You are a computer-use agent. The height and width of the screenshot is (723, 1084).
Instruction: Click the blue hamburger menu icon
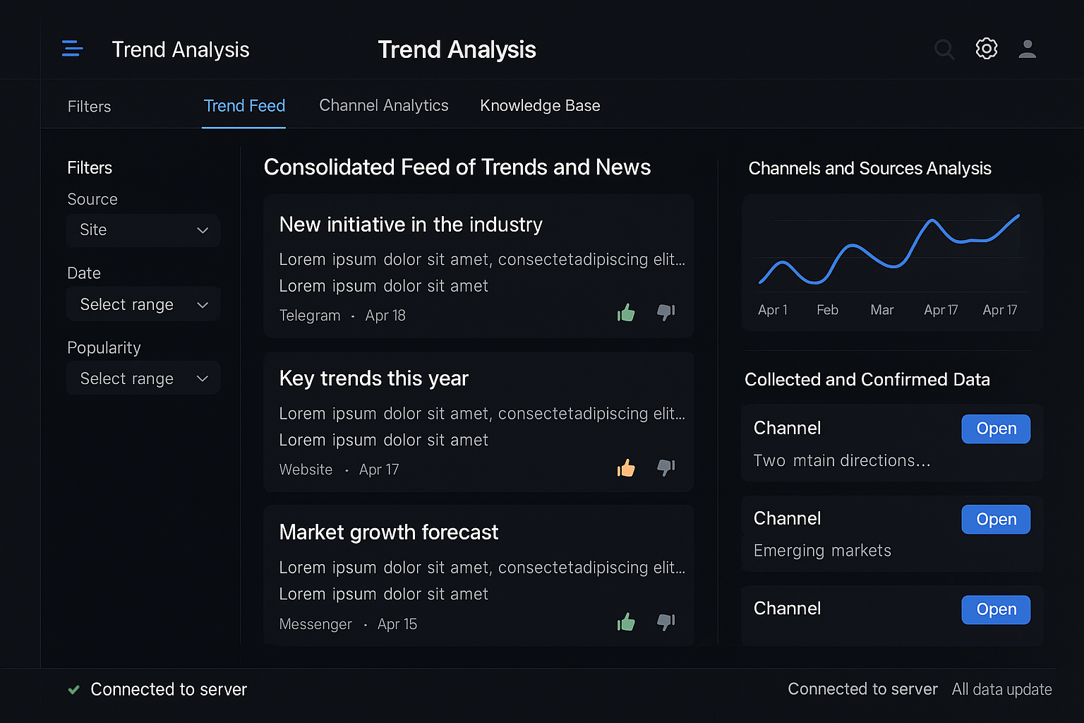pos(72,49)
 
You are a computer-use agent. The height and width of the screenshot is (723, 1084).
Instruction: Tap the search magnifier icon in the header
pos(944,49)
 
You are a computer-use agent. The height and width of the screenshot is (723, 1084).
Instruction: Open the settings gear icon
pos(987,49)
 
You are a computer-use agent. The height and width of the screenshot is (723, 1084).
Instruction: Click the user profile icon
pos(1028,49)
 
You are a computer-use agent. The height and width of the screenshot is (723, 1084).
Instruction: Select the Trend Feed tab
pos(244,106)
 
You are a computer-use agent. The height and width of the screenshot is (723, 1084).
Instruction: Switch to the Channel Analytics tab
pos(383,106)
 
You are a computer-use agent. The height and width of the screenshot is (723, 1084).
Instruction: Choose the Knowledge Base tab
pos(540,106)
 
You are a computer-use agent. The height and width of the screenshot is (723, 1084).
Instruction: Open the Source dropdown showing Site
pos(143,230)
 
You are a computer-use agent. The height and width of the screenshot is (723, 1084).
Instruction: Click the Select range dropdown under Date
pos(143,304)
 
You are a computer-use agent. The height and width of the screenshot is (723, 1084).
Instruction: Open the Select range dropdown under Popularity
pos(143,378)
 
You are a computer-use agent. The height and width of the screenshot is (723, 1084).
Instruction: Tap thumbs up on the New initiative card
pos(626,313)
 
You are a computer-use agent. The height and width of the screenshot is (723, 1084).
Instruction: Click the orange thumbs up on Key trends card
pos(626,468)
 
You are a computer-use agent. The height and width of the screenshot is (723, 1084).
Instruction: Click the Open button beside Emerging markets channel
pos(995,520)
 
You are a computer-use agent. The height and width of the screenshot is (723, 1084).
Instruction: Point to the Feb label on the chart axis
pos(827,310)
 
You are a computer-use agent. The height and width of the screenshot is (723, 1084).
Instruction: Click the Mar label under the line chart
pos(881,310)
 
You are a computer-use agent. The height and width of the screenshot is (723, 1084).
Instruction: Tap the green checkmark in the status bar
pos(73,690)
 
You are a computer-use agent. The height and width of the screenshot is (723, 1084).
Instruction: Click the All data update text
pos(1001,690)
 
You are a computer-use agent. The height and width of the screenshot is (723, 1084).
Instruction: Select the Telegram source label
pos(310,316)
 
